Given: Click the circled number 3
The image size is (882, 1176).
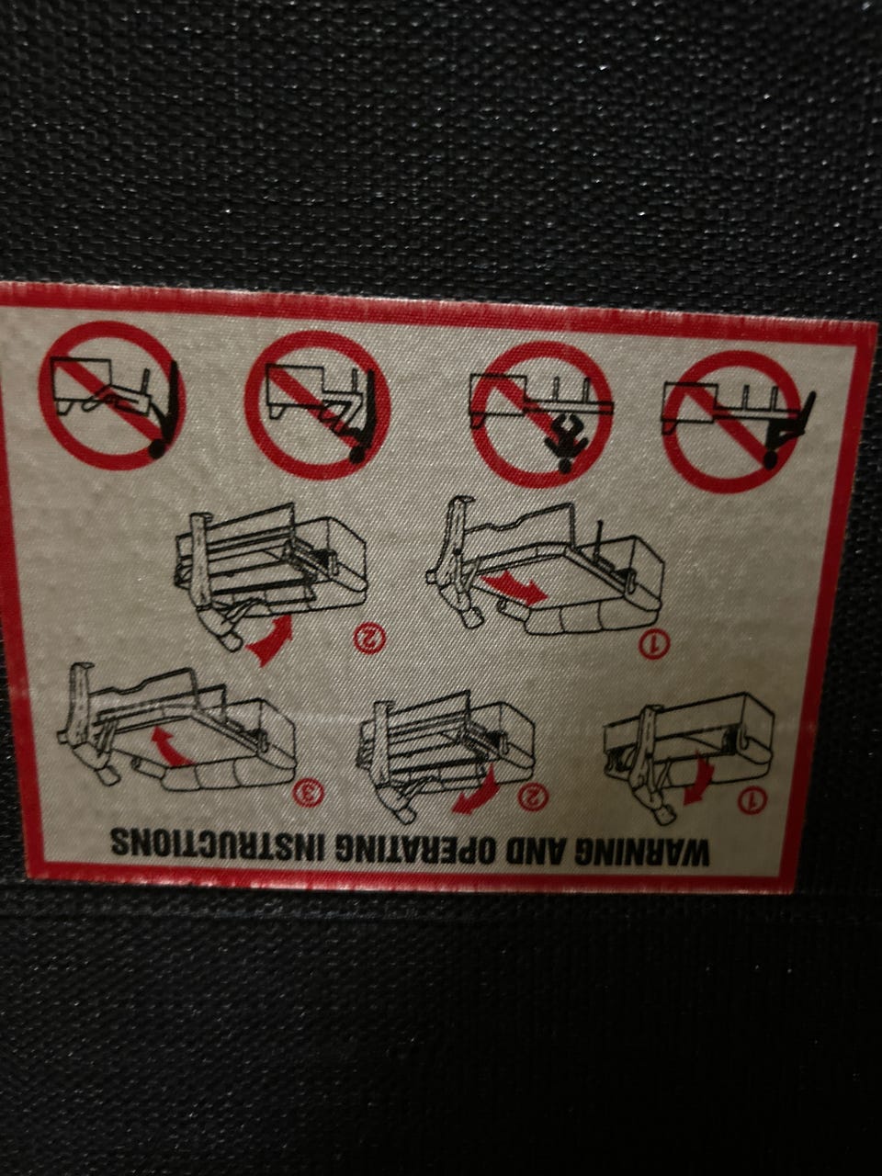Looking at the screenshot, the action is coord(310,791).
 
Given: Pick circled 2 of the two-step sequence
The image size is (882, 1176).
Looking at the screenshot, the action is coord(369,637).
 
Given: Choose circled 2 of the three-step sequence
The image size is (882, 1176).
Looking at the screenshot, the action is coord(534,795).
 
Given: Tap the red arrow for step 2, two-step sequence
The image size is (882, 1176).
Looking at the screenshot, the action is coord(272,639).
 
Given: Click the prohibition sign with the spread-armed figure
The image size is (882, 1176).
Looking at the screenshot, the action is coord(542,414).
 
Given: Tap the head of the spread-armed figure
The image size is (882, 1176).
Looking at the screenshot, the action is coord(563,465).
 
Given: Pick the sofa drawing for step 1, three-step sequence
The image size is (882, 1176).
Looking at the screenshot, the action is coord(689,754).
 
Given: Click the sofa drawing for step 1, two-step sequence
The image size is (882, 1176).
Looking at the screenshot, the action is coord(545,568).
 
